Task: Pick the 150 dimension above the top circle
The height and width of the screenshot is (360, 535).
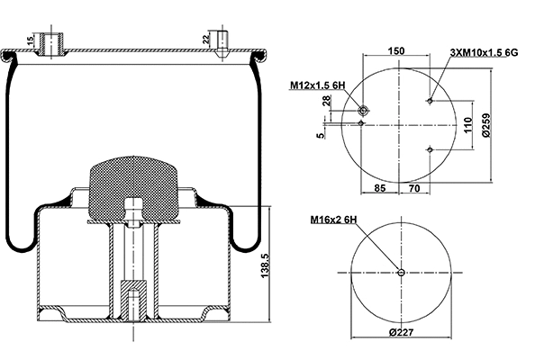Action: click(395, 52)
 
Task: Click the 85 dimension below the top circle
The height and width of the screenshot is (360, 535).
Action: click(378, 188)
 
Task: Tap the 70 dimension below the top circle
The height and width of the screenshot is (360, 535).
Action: click(414, 188)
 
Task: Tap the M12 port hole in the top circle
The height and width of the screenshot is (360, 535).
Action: click(363, 110)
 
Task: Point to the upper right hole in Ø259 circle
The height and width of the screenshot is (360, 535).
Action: click(431, 100)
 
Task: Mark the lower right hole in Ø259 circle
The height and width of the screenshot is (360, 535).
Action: click(431, 148)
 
